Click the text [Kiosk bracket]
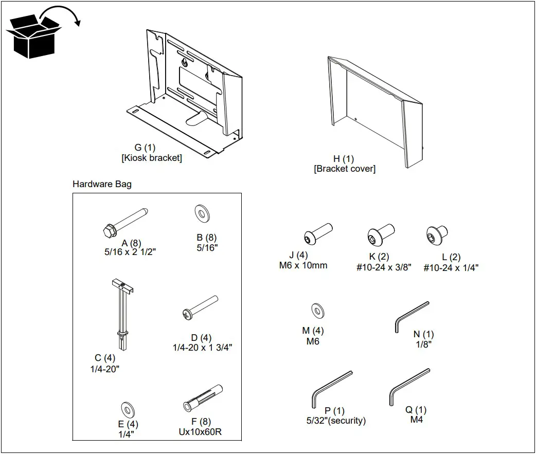[152, 158]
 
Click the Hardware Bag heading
[102, 184]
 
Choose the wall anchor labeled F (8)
[202, 398]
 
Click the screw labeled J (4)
[317, 234]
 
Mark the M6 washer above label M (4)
[318, 312]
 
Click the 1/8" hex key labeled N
[411, 317]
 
